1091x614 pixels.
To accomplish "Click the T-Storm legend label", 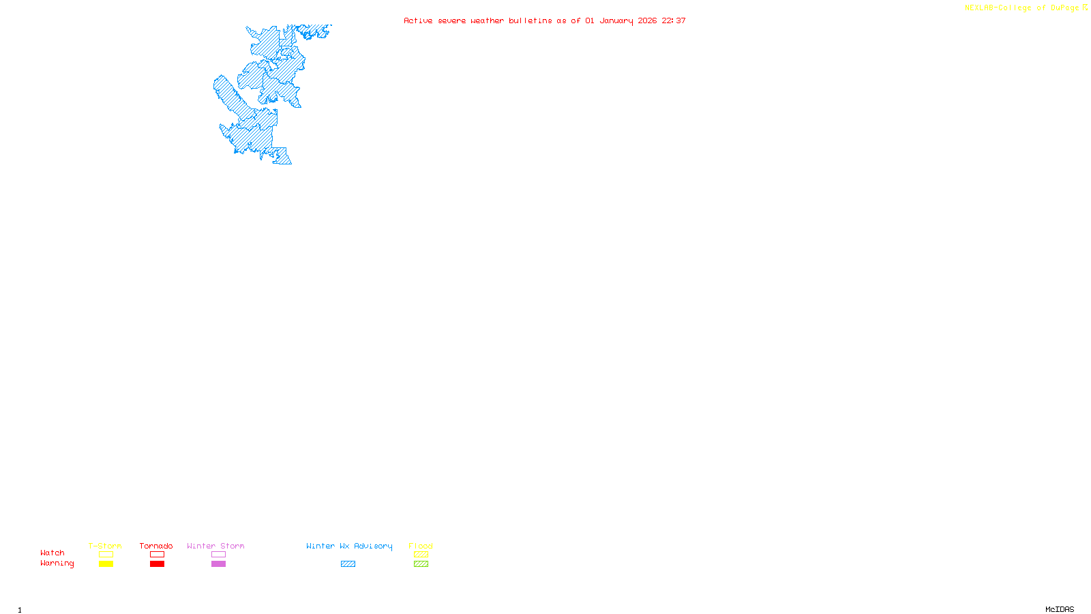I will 105,546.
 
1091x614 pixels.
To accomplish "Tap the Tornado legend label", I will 156,546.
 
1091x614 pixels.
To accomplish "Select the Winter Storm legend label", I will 215,546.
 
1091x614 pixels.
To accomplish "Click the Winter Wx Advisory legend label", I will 349,546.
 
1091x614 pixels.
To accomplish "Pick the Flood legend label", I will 421,546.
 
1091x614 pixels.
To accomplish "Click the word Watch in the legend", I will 53,553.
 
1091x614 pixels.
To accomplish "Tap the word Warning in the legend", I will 57,564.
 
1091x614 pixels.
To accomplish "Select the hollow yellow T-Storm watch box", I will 106,555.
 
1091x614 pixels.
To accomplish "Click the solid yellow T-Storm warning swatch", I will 106,564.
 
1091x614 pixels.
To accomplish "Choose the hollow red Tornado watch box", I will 157,555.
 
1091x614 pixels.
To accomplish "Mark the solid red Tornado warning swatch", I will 157,564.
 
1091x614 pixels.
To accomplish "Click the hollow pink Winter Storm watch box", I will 218,555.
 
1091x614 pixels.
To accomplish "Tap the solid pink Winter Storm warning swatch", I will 218,564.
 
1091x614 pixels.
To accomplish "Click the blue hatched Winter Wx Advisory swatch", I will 348,564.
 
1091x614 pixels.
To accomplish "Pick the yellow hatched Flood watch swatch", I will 421,555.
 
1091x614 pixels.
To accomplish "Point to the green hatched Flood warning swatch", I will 421,564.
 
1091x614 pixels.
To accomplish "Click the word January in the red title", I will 616,20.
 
